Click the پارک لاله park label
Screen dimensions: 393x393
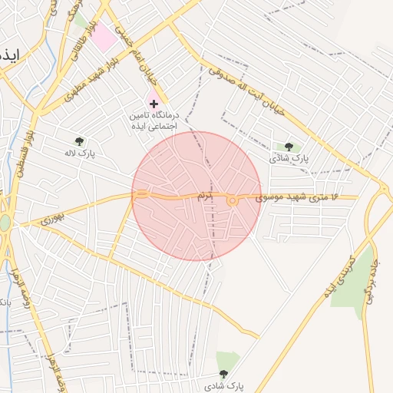[x=80, y=154]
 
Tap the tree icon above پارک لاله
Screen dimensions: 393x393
[x=80, y=141]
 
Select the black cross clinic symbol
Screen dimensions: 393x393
[x=154, y=103]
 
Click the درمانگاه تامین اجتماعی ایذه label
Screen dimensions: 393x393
[x=153, y=120]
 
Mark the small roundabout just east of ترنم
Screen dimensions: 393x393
[x=231, y=201]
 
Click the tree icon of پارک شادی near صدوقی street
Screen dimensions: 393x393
[x=289, y=146]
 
